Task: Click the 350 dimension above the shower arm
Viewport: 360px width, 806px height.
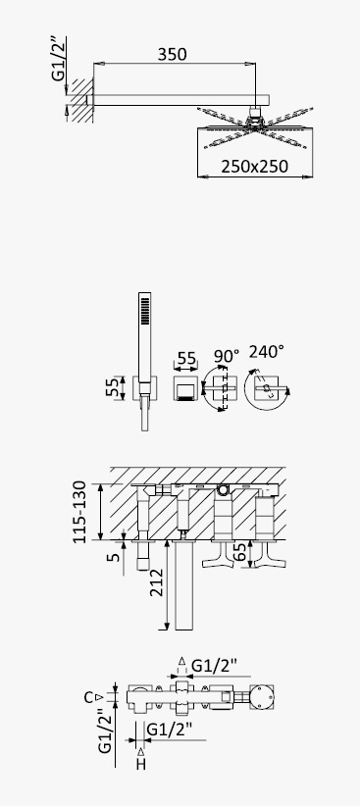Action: [x=172, y=54]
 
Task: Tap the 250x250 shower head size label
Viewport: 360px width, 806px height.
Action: [x=255, y=167]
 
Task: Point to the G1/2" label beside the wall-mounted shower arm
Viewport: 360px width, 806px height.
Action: [x=59, y=58]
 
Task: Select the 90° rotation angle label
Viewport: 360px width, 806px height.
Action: [x=227, y=356]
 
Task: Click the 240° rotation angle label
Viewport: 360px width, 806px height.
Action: [x=267, y=352]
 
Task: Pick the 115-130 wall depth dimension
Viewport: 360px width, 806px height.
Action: [x=79, y=512]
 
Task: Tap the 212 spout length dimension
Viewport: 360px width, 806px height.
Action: [x=156, y=582]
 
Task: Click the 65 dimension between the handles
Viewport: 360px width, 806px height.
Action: [x=239, y=553]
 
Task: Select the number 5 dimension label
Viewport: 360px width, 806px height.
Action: [x=115, y=555]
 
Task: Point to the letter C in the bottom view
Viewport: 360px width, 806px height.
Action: [x=89, y=697]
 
